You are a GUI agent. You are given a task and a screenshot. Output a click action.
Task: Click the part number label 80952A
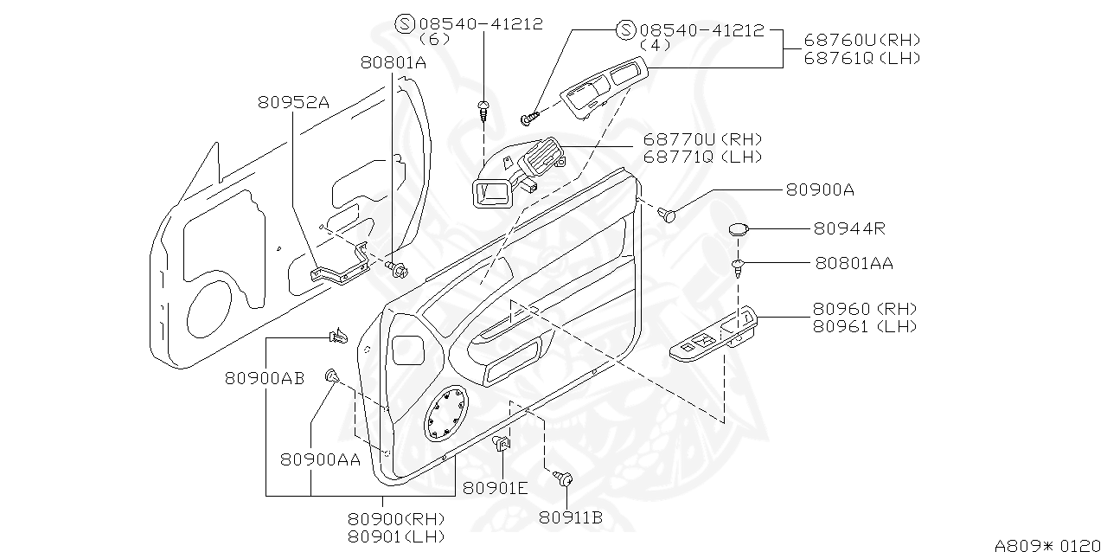pyautogui.click(x=293, y=101)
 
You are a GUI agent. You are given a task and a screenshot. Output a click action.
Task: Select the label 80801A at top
pyautogui.click(x=394, y=62)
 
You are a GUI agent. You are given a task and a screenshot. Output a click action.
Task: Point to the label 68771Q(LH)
pyautogui.click(x=702, y=157)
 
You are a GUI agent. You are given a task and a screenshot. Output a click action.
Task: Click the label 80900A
pyautogui.click(x=820, y=189)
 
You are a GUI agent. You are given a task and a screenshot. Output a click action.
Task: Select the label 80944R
pyautogui.click(x=848, y=228)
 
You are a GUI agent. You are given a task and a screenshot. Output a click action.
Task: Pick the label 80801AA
pyautogui.click(x=854, y=263)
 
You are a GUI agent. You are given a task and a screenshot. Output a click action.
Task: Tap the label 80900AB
pyautogui.click(x=265, y=378)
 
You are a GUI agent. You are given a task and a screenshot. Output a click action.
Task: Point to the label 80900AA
pyautogui.click(x=320, y=459)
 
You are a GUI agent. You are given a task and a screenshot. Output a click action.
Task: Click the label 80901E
pyautogui.click(x=495, y=487)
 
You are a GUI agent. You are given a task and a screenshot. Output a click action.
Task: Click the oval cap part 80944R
pyautogui.click(x=738, y=229)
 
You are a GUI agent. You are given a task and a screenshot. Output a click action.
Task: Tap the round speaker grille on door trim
pyautogui.click(x=446, y=413)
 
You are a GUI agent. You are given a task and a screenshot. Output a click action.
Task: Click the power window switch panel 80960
pyautogui.click(x=714, y=337)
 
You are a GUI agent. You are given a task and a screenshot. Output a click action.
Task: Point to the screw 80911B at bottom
pyautogui.click(x=563, y=477)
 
